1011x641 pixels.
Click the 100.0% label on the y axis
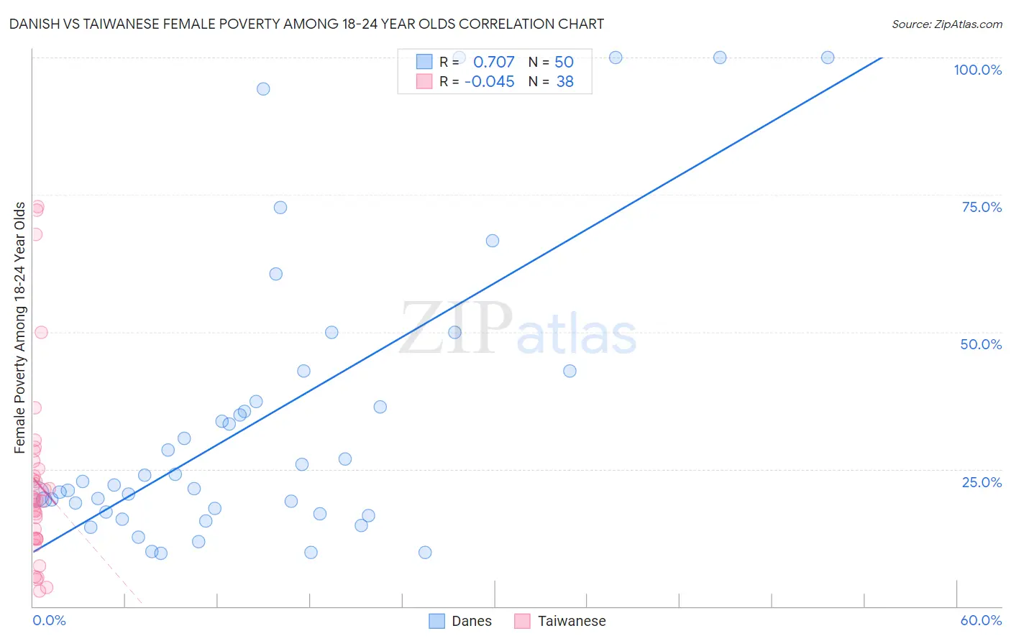(977, 70)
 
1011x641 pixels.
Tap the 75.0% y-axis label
(981, 207)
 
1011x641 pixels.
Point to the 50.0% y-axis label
(981, 344)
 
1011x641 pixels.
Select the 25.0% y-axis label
(982, 482)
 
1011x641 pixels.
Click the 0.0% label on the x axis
(49, 620)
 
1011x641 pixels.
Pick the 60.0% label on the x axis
(981, 620)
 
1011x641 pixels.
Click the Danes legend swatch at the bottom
(436, 621)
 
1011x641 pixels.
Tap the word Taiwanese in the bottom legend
(572, 621)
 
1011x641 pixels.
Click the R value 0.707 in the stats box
(493, 63)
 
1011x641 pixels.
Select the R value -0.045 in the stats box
(489, 82)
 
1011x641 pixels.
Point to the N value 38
(564, 82)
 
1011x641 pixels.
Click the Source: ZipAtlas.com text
(946, 24)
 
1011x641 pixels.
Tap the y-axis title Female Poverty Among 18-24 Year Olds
(20, 328)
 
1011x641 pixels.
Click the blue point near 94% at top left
(263, 89)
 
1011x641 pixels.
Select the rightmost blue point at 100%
(828, 57)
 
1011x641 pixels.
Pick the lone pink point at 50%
(41, 332)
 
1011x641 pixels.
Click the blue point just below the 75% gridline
(280, 208)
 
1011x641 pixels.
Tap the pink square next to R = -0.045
(424, 82)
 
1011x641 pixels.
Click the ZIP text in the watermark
(456, 328)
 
